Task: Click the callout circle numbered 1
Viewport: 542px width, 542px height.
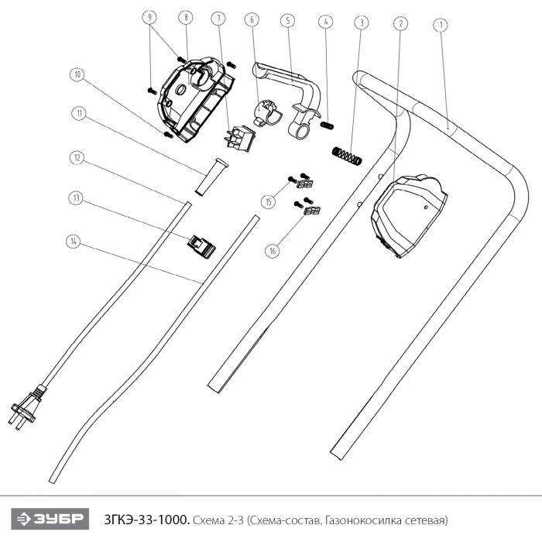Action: click(441, 25)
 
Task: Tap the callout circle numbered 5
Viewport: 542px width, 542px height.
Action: click(288, 21)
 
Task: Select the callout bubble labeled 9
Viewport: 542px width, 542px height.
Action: click(149, 17)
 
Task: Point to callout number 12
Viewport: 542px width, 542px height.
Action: click(77, 158)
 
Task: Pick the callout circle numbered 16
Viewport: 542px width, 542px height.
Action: click(273, 251)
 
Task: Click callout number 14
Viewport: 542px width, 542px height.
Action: click(73, 242)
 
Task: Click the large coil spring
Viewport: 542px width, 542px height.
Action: click(347, 156)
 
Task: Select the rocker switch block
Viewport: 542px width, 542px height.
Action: click(241, 139)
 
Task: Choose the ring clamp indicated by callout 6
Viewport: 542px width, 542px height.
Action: click(269, 112)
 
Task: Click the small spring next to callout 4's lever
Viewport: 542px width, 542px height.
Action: click(327, 125)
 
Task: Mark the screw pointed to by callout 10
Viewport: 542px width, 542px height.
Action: click(168, 135)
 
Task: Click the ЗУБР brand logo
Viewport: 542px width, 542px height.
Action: click(50, 519)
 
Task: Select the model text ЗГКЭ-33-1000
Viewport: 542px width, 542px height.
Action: click(147, 520)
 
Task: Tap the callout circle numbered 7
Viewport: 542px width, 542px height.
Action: click(218, 19)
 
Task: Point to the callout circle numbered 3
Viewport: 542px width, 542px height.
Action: click(362, 22)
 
